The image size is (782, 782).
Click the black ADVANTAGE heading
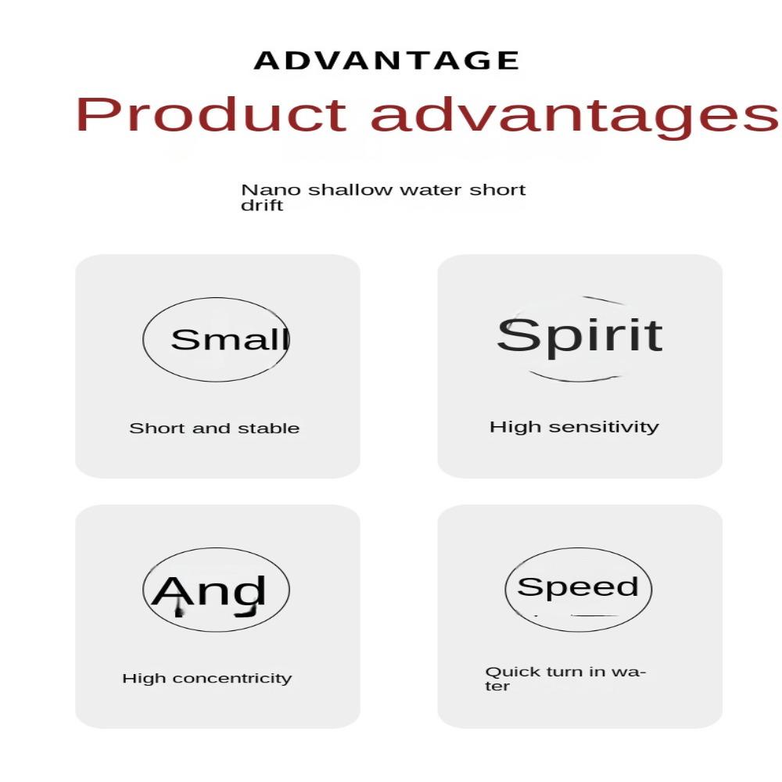pyautogui.click(x=386, y=60)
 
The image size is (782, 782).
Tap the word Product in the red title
pyautogui.click(x=211, y=114)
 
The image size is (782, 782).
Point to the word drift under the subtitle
pyautogui.click(x=262, y=206)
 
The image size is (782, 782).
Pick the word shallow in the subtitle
pyautogui.click(x=350, y=190)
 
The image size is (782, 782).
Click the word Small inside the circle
pyautogui.click(x=231, y=339)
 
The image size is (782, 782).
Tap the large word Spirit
pyautogui.click(x=580, y=336)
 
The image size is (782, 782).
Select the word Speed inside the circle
pyautogui.click(x=578, y=587)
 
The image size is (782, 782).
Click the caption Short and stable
pyautogui.click(x=214, y=429)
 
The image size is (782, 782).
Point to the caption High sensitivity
pyautogui.click(x=575, y=428)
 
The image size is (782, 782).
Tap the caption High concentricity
pyautogui.click(x=207, y=679)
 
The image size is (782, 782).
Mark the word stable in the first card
pyautogui.click(x=269, y=429)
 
